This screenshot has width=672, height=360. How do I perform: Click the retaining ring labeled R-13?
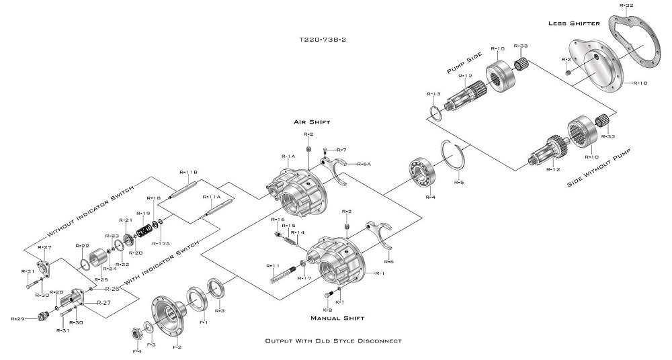click(435, 111)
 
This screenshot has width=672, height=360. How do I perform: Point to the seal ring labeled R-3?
click(217, 289)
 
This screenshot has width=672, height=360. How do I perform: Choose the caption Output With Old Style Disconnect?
click(333, 341)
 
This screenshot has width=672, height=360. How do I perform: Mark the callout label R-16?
click(278, 220)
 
